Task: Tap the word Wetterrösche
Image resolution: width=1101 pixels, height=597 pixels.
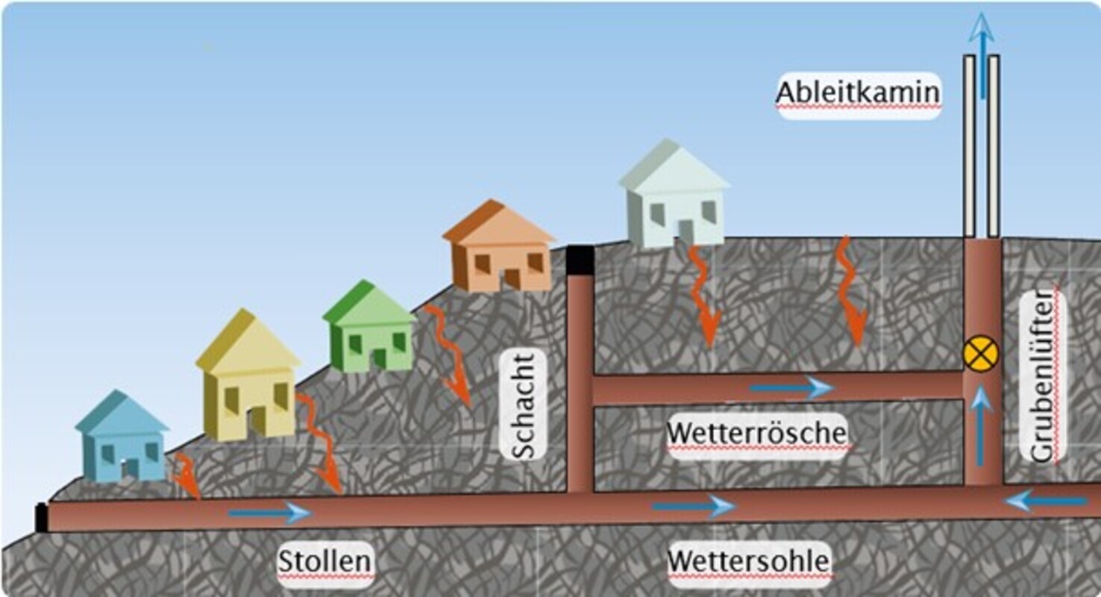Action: [757, 434]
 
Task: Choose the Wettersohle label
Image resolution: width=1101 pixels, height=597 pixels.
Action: [749, 560]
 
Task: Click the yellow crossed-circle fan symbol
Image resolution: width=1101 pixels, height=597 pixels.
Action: [980, 354]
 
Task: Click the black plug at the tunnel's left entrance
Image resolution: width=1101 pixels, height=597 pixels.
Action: [42, 517]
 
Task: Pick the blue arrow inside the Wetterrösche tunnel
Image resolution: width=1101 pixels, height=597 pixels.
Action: [791, 388]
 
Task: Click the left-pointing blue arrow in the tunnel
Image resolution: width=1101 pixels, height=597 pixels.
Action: [1044, 501]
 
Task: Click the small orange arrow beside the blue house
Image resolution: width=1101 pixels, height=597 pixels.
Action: [186, 478]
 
